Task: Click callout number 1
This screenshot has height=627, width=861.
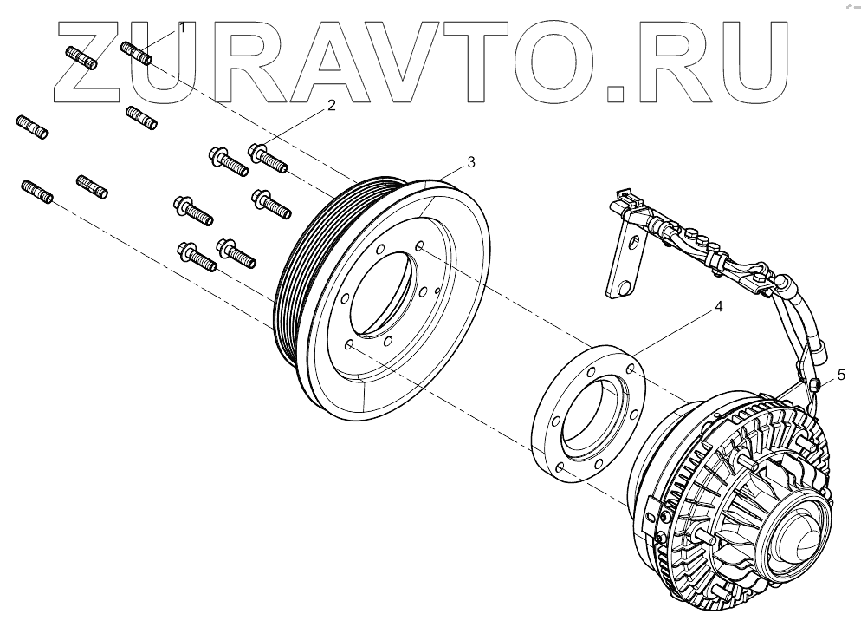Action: pyautogui.click(x=182, y=28)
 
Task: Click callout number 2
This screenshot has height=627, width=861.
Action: pyautogui.click(x=330, y=106)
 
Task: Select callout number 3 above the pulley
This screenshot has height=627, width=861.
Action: pyautogui.click(x=470, y=162)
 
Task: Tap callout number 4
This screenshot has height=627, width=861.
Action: pyautogui.click(x=718, y=307)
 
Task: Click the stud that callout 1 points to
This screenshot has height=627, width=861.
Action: pyautogui.click(x=137, y=54)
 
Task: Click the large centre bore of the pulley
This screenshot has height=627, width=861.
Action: pyautogui.click(x=381, y=287)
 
